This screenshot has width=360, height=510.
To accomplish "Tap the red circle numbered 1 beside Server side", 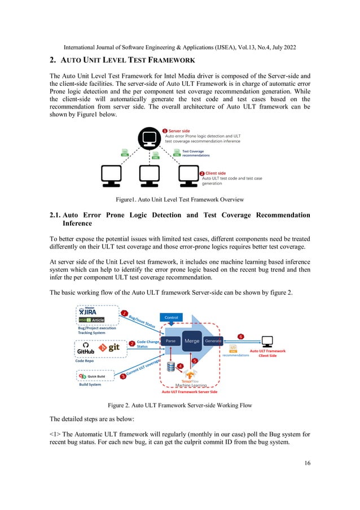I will point(165,131).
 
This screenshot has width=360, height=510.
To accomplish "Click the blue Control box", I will point(172,318).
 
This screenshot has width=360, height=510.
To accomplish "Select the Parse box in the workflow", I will point(170,341).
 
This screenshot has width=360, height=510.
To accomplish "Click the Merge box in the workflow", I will point(192,341).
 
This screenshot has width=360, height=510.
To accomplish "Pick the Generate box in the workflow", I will point(213,341).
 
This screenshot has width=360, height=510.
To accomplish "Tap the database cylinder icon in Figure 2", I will point(171,367).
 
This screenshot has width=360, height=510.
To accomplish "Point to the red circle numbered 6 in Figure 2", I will point(240,336).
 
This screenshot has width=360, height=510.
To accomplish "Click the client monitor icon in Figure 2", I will point(267,341).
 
